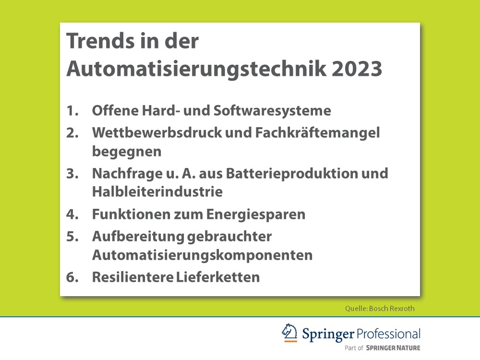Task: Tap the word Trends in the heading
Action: pyautogui.click(x=98, y=41)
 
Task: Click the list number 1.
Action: pyautogui.click(x=72, y=111)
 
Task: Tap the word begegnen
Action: pyautogui.click(x=127, y=152)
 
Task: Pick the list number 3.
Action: pyautogui.click(x=72, y=173)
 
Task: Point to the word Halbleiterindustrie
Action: pyautogui.click(x=157, y=192)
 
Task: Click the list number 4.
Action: pyautogui.click(x=72, y=214)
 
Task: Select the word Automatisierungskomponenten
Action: pyautogui.click(x=202, y=255)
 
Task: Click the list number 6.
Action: pyautogui.click(x=72, y=277)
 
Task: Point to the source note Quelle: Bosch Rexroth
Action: pyautogui.click(x=379, y=308)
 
